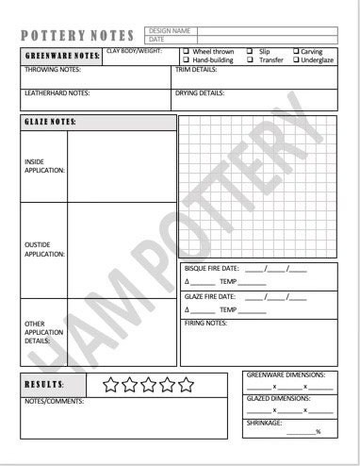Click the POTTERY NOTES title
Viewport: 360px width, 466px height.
(77, 36)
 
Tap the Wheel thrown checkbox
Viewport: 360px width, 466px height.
(186, 51)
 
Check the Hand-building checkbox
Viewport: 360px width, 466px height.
(186, 59)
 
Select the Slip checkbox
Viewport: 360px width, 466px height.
(250, 51)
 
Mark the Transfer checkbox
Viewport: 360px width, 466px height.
(250, 59)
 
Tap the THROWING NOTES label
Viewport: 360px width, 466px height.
(52, 70)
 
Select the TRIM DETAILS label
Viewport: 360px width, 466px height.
(196, 70)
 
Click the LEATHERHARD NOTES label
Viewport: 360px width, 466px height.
(57, 93)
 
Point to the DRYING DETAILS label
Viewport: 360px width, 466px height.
(200, 93)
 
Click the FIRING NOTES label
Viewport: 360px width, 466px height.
(205, 324)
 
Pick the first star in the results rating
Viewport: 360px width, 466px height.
(111, 384)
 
